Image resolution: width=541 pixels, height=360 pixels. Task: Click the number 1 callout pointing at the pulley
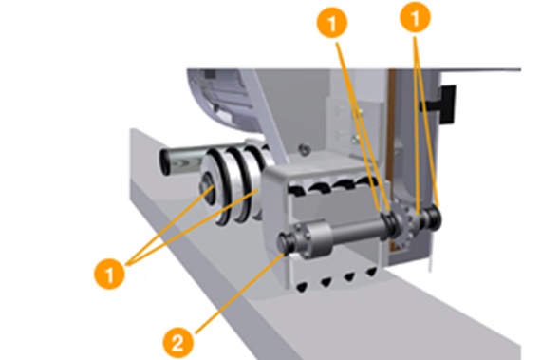click(x=113, y=276)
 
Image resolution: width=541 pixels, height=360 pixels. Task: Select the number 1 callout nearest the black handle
click(x=415, y=16)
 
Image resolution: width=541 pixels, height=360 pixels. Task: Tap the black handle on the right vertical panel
click(x=447, y=99)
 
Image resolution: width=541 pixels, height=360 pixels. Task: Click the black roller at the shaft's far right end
click(x=437, y=218)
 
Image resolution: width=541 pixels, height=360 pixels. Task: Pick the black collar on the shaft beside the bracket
click(x=389, y=225)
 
